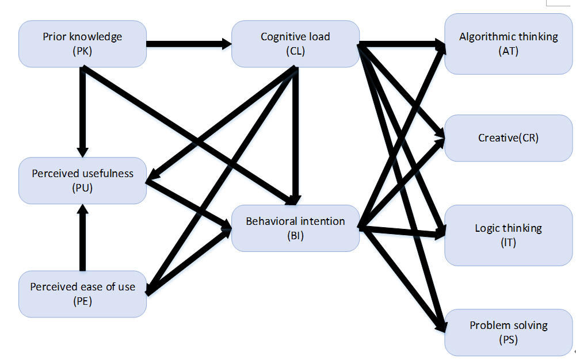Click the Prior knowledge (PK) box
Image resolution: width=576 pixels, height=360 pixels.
pos(82,44)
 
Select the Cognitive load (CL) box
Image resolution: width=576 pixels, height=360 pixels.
pos(295,44)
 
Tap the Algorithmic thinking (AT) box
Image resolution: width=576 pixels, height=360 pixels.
pos(509,44)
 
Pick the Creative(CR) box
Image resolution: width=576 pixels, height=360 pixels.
pos(509,138)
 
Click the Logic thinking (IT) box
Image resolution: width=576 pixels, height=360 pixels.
pos(509,235)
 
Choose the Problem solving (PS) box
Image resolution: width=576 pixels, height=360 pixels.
pos(509,332)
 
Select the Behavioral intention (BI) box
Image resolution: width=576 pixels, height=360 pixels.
pos(295,228)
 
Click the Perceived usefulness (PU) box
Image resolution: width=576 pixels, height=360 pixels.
pos(82,181)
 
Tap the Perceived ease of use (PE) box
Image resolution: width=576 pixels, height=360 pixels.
pos(82,294)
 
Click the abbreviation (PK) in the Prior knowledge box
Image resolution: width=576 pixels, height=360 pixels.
pos(83,51)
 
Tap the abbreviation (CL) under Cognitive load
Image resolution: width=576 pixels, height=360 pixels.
pos(295,51)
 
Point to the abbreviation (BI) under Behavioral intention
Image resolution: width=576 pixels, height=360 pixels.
pos(295,235)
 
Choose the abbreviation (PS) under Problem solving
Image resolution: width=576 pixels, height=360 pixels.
pos(509,339)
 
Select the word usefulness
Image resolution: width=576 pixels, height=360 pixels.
pos(107,174)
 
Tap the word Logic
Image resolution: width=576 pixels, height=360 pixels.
pos(487,228)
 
